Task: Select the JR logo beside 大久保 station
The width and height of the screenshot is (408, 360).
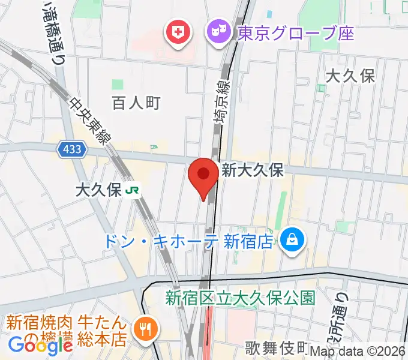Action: click(133, 191)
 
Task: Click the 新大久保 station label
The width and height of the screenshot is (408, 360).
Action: click(252, 170)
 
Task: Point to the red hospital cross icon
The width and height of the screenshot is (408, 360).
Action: click(178, 34)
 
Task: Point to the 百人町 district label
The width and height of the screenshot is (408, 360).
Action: click(136, 103)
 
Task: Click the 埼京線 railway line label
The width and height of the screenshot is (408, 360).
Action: click(222, 103)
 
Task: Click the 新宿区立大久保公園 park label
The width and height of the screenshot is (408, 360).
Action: click(240, 297)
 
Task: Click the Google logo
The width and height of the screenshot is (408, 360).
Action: click(40, 345)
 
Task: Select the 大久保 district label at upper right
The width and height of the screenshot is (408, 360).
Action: click(350, 76)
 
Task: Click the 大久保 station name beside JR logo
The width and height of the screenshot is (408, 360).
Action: click(98, 191)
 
